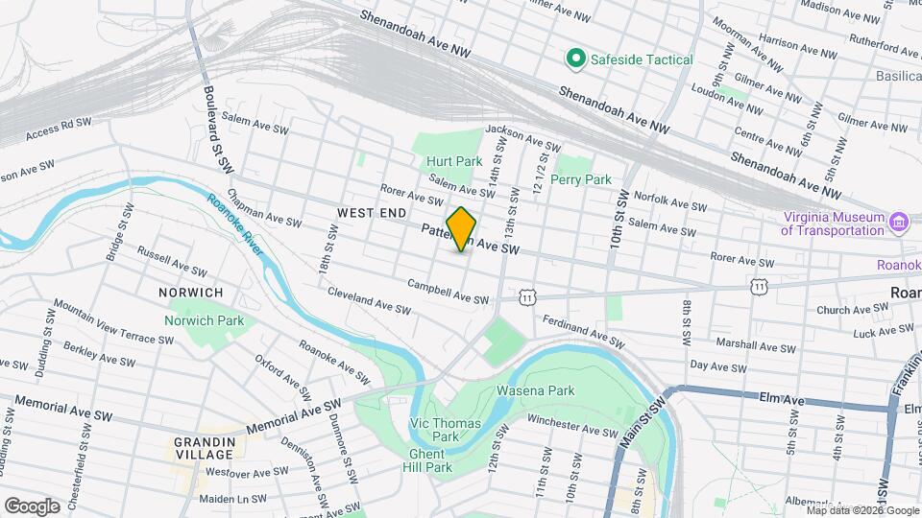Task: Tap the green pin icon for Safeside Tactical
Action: (x=575, y=59)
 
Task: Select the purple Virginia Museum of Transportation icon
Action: (x=899, y=224)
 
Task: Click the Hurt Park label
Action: (x=454, y=162)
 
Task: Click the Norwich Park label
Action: (x=204, y=320)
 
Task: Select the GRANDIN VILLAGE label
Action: (x=205, y=447)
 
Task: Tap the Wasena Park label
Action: (x=535, y=391)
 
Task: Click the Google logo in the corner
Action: (x=32, y=506)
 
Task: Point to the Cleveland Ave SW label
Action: (x=369, y=299)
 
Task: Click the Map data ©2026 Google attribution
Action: (x=862, y=510)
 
